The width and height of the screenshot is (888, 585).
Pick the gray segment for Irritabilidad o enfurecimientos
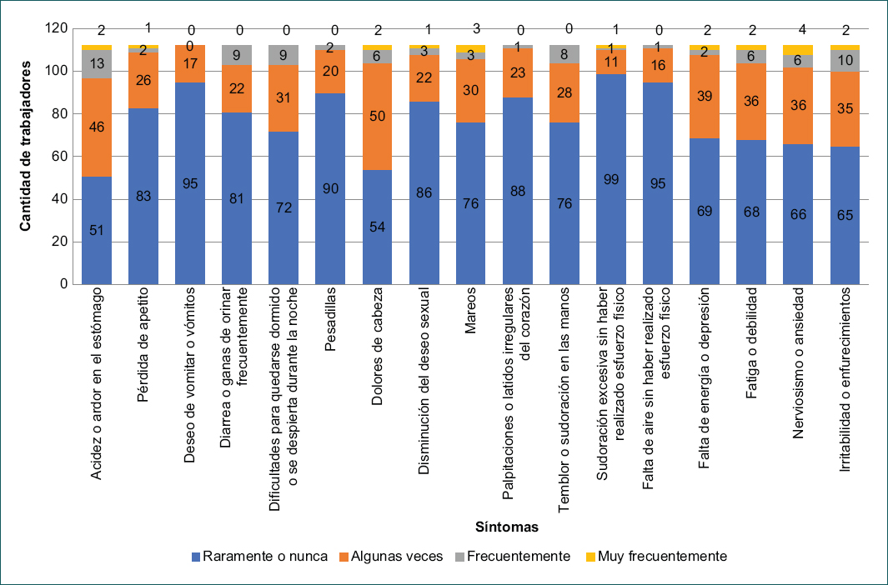(x=845, y=61)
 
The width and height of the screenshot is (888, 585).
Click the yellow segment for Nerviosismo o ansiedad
(x=798, y=49)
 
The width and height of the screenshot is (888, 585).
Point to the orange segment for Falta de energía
(x=705, y=97)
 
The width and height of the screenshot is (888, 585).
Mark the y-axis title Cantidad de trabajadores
(x=26, y=156)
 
